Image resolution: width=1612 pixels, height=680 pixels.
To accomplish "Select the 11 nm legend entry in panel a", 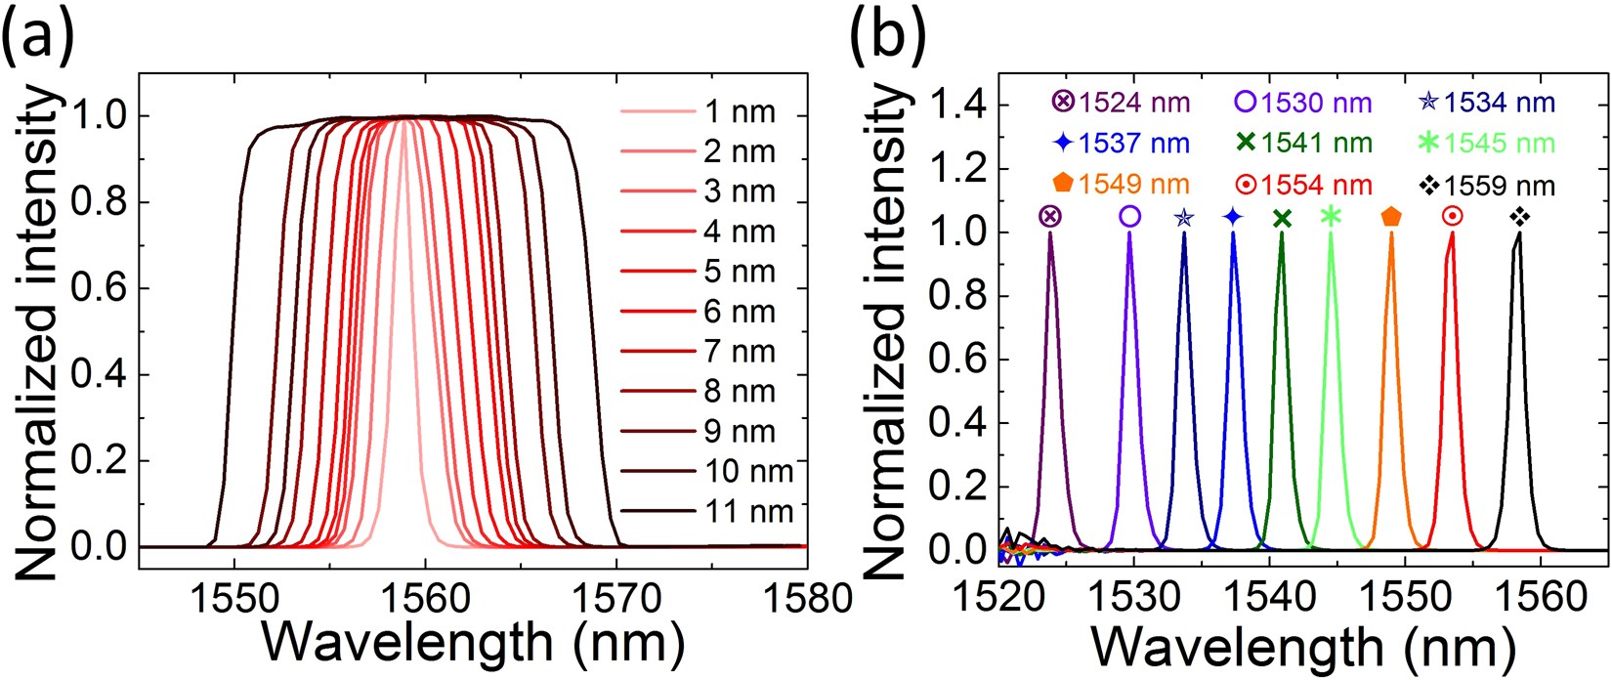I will coord(747,511).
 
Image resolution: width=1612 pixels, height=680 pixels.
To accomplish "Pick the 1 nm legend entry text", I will coord(740,112).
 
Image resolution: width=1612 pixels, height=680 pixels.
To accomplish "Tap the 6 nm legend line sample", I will coord(657,312).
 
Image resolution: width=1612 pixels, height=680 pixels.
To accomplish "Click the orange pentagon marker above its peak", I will coord(1391,217).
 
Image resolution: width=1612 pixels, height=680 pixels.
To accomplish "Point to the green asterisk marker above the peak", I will coord(1331,217).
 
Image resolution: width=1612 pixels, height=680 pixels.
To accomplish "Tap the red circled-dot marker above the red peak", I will coord(1452,217).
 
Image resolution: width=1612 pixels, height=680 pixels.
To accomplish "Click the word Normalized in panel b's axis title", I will coord(886,459).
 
